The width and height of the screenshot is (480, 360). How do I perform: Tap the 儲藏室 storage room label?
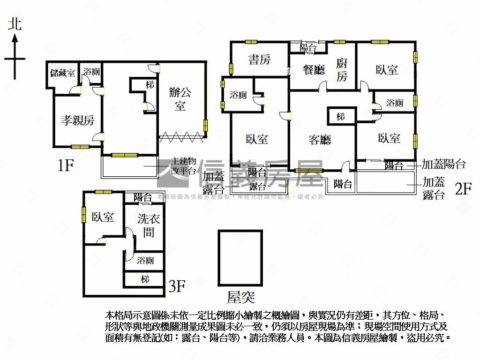point(63,73)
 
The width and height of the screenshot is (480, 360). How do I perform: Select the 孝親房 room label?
point(77,120)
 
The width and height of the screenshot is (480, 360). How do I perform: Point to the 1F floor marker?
point(66,165)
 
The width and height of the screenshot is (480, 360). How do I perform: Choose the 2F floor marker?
point(463,188)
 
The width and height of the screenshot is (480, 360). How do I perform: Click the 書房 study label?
point(259,60)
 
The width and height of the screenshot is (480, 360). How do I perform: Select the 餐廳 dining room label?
point(314,70)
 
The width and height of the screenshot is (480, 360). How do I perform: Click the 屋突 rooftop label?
point(241,296)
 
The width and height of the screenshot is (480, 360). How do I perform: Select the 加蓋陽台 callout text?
point(443,165)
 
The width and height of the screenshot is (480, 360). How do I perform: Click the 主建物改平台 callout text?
point(183,166)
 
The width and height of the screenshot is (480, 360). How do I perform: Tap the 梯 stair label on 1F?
point(150,85)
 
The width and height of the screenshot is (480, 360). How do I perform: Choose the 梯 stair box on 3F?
point(145,279)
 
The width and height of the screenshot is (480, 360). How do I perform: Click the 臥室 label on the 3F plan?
point(103,217)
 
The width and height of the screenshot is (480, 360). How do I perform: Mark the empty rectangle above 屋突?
point(240,257)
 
